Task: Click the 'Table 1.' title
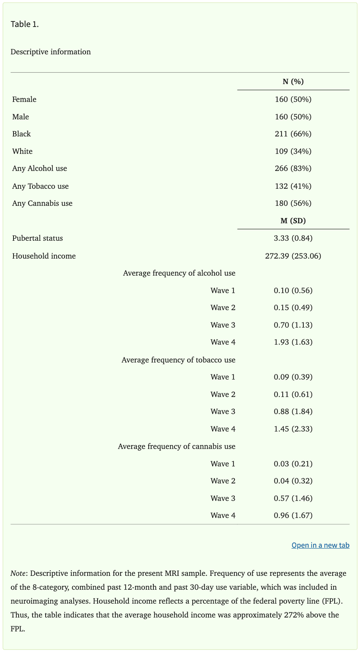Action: (x=25, y=24)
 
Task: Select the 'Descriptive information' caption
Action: (x=50, y=52)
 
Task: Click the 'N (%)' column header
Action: (x=293, y=82)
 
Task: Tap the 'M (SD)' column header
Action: (x=293, y=221)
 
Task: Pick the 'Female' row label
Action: (x=24, y=100)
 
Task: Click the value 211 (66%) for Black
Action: (x=293, y=134)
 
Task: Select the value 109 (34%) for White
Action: (x=293, y=151)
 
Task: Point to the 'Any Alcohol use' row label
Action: (x=40, y=169)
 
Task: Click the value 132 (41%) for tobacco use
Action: (x=293, y=186)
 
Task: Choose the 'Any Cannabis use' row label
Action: (x=42, y=203)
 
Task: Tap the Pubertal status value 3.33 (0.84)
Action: (x=293, y=238)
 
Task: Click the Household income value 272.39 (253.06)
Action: (x=293, y=256)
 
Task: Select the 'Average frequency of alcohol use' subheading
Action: (x=179, y=273)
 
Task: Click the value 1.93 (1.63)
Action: (x=293, y=342)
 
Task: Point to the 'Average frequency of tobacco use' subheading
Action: (x=178, y=360)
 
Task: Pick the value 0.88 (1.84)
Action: (x=293, y=412)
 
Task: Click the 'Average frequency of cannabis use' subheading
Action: (x=177, y=447)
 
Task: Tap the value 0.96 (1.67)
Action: (x=293, y=516)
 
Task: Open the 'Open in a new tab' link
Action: (x=320, y=545)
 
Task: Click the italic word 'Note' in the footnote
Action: (x=18, y=573)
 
